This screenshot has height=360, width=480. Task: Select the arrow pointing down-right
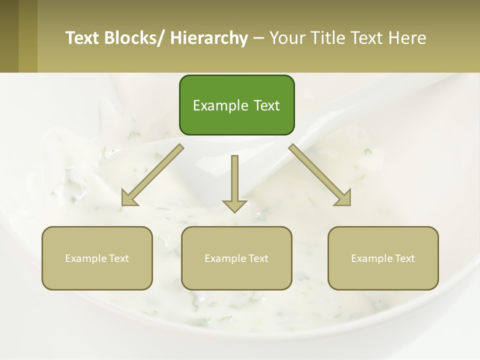(x=319, y=174)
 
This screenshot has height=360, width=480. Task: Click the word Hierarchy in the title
(x=209, y=38)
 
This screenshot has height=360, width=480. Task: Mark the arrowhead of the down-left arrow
(x=128, y=198)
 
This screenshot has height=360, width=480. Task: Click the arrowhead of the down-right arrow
(x=343, y=198)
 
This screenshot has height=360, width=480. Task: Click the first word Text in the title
(x=83, y=38)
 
